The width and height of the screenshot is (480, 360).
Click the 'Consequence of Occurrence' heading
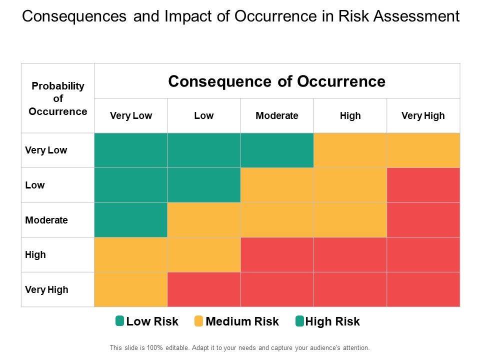pyautogui.click(x=276, y=81)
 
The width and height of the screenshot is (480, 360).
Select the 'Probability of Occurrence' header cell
pyautogui.click(x=58, y=98)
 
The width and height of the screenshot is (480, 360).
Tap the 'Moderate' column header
pyautogui.click(x=277, y=115)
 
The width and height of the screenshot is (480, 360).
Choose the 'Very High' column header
pyautogui.click(x=423, y=115)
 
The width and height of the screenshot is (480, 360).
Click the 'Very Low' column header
pyautogui.click(x=131, y=115)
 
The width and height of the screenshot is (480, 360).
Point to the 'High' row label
pyautogui.click(x=35, y=254)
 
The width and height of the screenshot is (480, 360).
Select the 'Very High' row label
pyautogui.click(x=46, y=289)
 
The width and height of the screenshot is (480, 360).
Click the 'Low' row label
pyautogui.click(x=35, y=185)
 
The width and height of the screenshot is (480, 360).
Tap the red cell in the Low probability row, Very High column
pyautogui.click(x=423, y=185)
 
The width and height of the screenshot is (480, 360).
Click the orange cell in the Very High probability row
pyautogui.click(x=131, y=289)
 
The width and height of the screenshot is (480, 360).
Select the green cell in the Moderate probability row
pyautogui.click(x=131, y=220)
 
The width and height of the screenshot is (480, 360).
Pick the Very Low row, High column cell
pyautogui.click(x=350, y=150)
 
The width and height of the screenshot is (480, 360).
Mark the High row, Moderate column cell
pyautogui.click(x=277, y=254)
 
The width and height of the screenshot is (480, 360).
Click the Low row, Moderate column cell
pyautogui.click(x=277, y=185)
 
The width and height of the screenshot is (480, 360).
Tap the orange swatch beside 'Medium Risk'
pyautogui.click(x=199, y=321)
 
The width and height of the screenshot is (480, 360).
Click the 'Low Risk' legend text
pyautogui.click(x=152, y=321)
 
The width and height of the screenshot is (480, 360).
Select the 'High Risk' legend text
pyautogui.click(x=332, y=321)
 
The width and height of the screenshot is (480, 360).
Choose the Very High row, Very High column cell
pyautogui.click(x=423, y=289)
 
